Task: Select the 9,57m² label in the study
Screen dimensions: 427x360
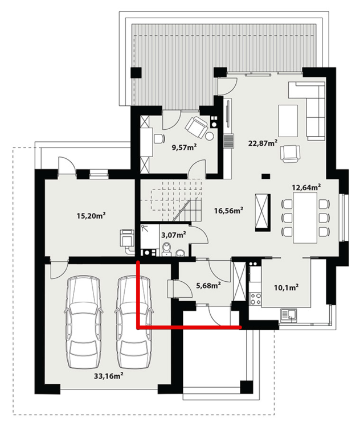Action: (x=184, y=147)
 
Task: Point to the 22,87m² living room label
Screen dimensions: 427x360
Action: (x=263, y=142)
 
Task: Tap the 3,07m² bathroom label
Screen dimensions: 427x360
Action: (x=173, y=234)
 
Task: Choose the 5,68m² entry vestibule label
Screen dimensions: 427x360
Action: (x=207, y=286)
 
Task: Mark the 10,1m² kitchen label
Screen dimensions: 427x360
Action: (x=288, y=288)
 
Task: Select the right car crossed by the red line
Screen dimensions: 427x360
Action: (x=134, y=322)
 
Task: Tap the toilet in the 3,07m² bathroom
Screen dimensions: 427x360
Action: (x=166, y=249)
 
